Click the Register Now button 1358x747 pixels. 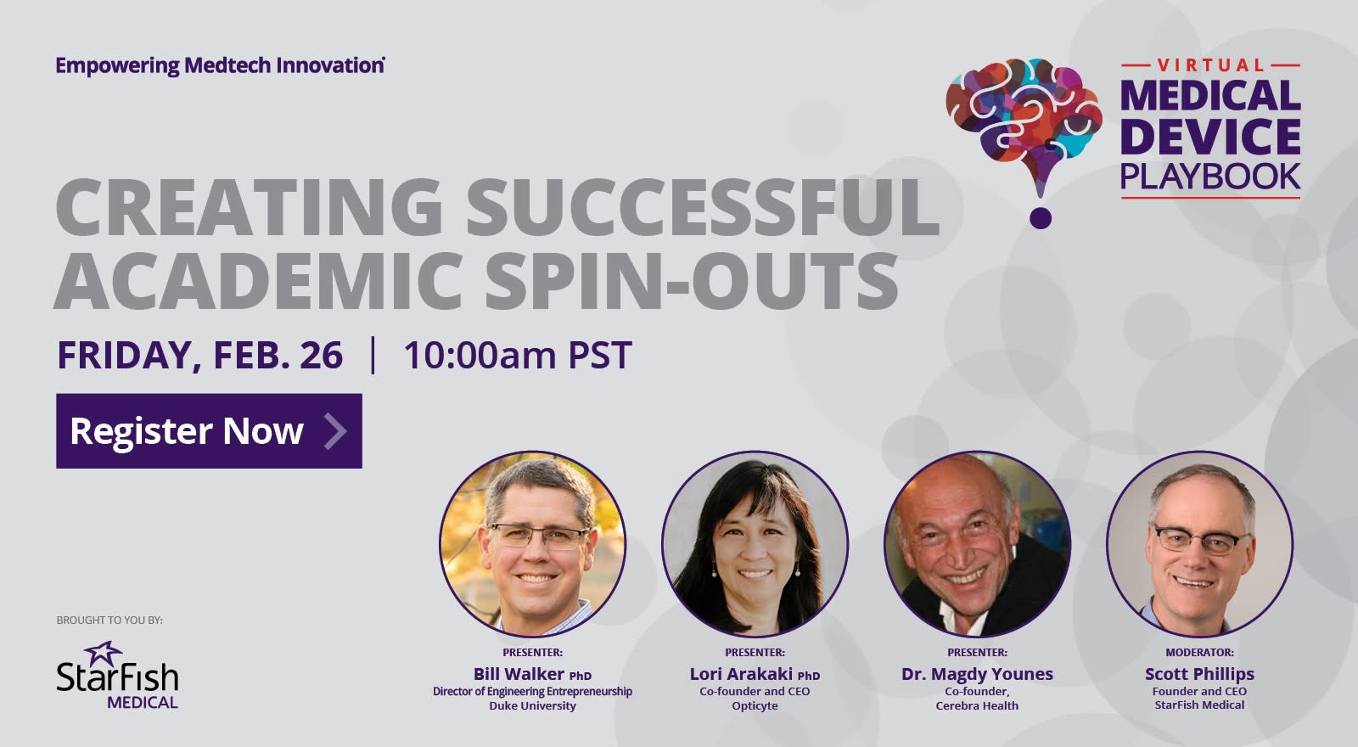[x=209, y=431]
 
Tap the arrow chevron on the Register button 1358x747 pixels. [x=335, y=431]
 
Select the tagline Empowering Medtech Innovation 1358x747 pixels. [x=220, y=65]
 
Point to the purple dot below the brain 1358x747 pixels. [x=1041, y=218]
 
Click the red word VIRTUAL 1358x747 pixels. [x=1210, y=65]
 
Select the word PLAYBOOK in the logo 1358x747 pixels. [x=1210, y=177]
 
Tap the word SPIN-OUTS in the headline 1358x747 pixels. [x=691, y=281]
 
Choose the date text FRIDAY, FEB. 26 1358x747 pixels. [x=200, y=356]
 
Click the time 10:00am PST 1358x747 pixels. [x=518, y=356]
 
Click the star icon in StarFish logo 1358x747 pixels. [x=103, y=653]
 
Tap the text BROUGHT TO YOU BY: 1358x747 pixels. [x=109, y=621]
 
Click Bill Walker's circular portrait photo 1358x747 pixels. [x=533, y=544]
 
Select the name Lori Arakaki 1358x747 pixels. [x=742, y=674]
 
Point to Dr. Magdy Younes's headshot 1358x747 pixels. [x=977, y=544]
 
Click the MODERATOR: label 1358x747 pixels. [x=1200, y=653]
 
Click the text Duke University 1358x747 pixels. [x=533, y=705]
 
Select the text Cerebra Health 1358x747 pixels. [x=977, y=705]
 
